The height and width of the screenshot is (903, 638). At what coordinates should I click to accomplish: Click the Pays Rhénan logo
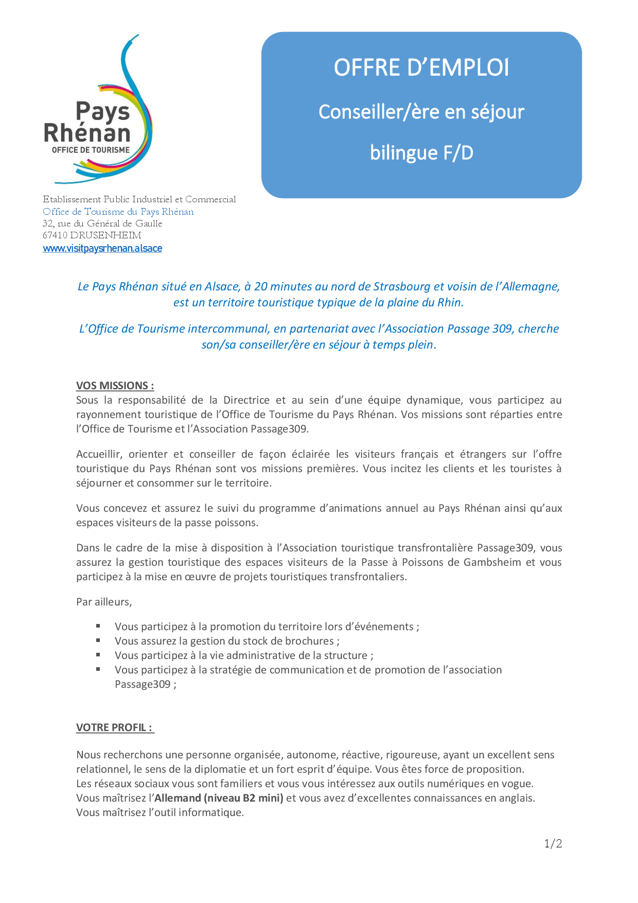coord(98,111)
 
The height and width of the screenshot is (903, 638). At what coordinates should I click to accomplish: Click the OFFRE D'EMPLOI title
coord(421,67)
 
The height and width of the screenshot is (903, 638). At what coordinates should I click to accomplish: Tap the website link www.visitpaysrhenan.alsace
coord(102,248)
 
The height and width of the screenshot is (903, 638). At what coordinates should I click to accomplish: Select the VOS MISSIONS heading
coord(115,386)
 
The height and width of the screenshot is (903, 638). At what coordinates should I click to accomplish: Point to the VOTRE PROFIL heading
coord(114,727)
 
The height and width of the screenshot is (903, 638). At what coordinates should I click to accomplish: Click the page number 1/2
coord(553,843)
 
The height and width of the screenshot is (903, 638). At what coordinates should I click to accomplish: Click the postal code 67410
coord(55,236)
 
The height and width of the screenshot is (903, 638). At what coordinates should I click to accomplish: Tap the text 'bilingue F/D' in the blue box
coord(421,153)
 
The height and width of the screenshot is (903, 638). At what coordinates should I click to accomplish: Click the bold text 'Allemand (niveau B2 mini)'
coord(219,798)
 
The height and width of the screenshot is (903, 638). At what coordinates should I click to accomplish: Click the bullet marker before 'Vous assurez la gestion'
coord(98,640)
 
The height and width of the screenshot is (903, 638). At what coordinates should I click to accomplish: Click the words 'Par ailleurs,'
coord(104,602)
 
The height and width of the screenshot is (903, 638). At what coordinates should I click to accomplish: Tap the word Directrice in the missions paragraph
coord(246,400)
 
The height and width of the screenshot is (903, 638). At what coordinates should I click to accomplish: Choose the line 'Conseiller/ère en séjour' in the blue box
coord(421,112)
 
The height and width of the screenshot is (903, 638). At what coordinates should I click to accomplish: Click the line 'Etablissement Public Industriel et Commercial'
coord(139,199)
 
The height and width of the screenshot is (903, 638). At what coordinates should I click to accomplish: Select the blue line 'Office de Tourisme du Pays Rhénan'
coord(118,212)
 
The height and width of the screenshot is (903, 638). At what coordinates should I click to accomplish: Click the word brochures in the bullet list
coord(309,641)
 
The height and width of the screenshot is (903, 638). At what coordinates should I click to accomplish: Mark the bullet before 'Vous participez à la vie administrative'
coord(98,655)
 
